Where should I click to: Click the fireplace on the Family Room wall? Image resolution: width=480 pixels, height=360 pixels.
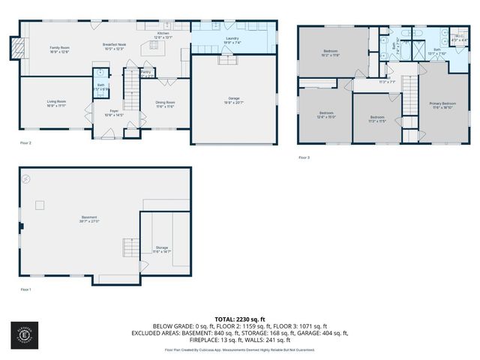(13, 49)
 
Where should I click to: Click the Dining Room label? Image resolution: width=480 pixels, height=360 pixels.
(165, 103)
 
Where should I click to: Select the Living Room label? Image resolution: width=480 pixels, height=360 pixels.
(56, 103)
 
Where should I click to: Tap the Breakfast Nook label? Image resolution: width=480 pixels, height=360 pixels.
(115, 46)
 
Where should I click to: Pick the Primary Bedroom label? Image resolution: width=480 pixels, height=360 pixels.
(442, 104)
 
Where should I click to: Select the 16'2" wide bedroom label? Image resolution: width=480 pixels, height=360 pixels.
(329, 52)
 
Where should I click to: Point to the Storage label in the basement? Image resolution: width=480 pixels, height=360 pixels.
(162, 247)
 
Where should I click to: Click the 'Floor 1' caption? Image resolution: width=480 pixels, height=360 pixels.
(26, 289)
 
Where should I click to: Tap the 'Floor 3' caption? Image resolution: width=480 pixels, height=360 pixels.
(304, 157)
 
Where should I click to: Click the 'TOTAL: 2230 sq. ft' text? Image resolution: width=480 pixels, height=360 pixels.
(240, 319)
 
